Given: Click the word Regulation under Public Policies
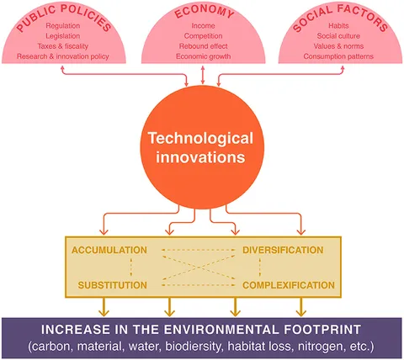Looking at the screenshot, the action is pos(63,26).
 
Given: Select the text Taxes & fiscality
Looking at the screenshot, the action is pos(63,46).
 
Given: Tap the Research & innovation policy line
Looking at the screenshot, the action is pos(63,56).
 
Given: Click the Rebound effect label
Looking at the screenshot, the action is pos(204,46).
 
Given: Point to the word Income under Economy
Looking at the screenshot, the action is pos(203,26).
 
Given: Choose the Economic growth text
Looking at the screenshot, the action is pos(204,56).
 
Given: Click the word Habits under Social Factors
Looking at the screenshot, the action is pos(338,26).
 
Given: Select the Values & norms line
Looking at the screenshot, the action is pos(338,46).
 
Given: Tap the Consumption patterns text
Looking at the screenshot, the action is pos(338,56).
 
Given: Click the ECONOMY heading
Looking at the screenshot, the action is pos(204,12).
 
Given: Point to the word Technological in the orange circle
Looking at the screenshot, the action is pos(200,139).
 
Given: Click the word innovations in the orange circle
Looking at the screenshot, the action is pos(200,157).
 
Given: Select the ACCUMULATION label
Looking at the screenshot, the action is pos(109,250).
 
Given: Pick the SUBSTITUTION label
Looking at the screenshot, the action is pos(113,285).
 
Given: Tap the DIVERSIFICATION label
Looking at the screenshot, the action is pos(283,250).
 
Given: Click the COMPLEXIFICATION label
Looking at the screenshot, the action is pos(289,285).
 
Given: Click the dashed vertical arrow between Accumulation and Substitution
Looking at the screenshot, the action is pos(131,267).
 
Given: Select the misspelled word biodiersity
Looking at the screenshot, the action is pos(194,347).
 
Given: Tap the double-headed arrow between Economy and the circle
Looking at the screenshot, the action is pos(203,75).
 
